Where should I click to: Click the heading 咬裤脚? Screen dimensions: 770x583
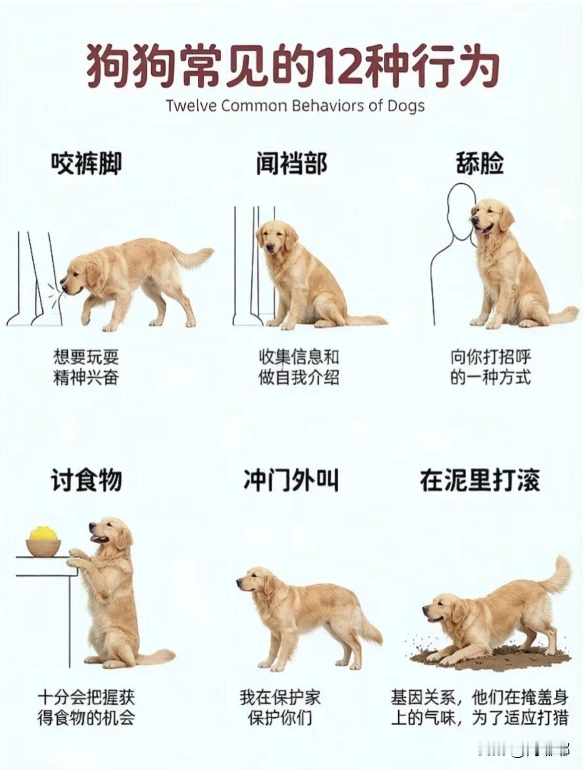87,163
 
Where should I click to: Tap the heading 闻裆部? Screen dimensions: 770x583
291,163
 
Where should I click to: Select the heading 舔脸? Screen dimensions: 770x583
480,163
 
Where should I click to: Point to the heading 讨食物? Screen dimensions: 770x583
87,480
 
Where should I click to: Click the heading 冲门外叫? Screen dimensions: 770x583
291,480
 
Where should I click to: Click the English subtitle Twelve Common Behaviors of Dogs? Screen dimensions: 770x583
295,106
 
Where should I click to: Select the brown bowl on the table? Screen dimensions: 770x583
44,547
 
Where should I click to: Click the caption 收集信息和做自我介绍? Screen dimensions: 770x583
299,366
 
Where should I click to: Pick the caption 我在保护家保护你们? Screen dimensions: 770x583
280,707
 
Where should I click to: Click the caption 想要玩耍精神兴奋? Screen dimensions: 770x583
86,366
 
